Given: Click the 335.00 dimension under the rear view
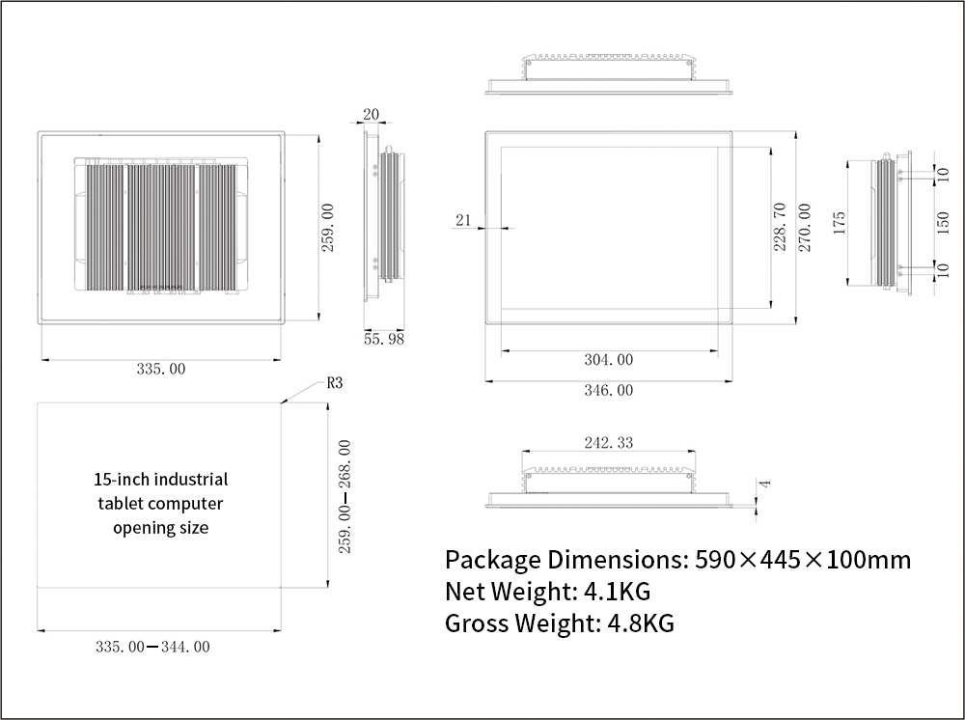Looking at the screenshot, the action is point(160,369).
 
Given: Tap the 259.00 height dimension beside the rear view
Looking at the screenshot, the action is point(327,227).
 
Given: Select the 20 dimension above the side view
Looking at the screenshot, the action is point(372,114).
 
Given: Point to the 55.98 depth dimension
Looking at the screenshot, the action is point(384,339).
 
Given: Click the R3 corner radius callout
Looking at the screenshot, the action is point(334,383).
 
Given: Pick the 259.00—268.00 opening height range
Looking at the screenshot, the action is point(345,496).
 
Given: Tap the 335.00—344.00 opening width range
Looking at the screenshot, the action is point(152,647).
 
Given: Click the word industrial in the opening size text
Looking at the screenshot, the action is point(191,480).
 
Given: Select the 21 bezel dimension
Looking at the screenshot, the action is point(463,220).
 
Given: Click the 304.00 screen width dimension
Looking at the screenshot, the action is point(609,359).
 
